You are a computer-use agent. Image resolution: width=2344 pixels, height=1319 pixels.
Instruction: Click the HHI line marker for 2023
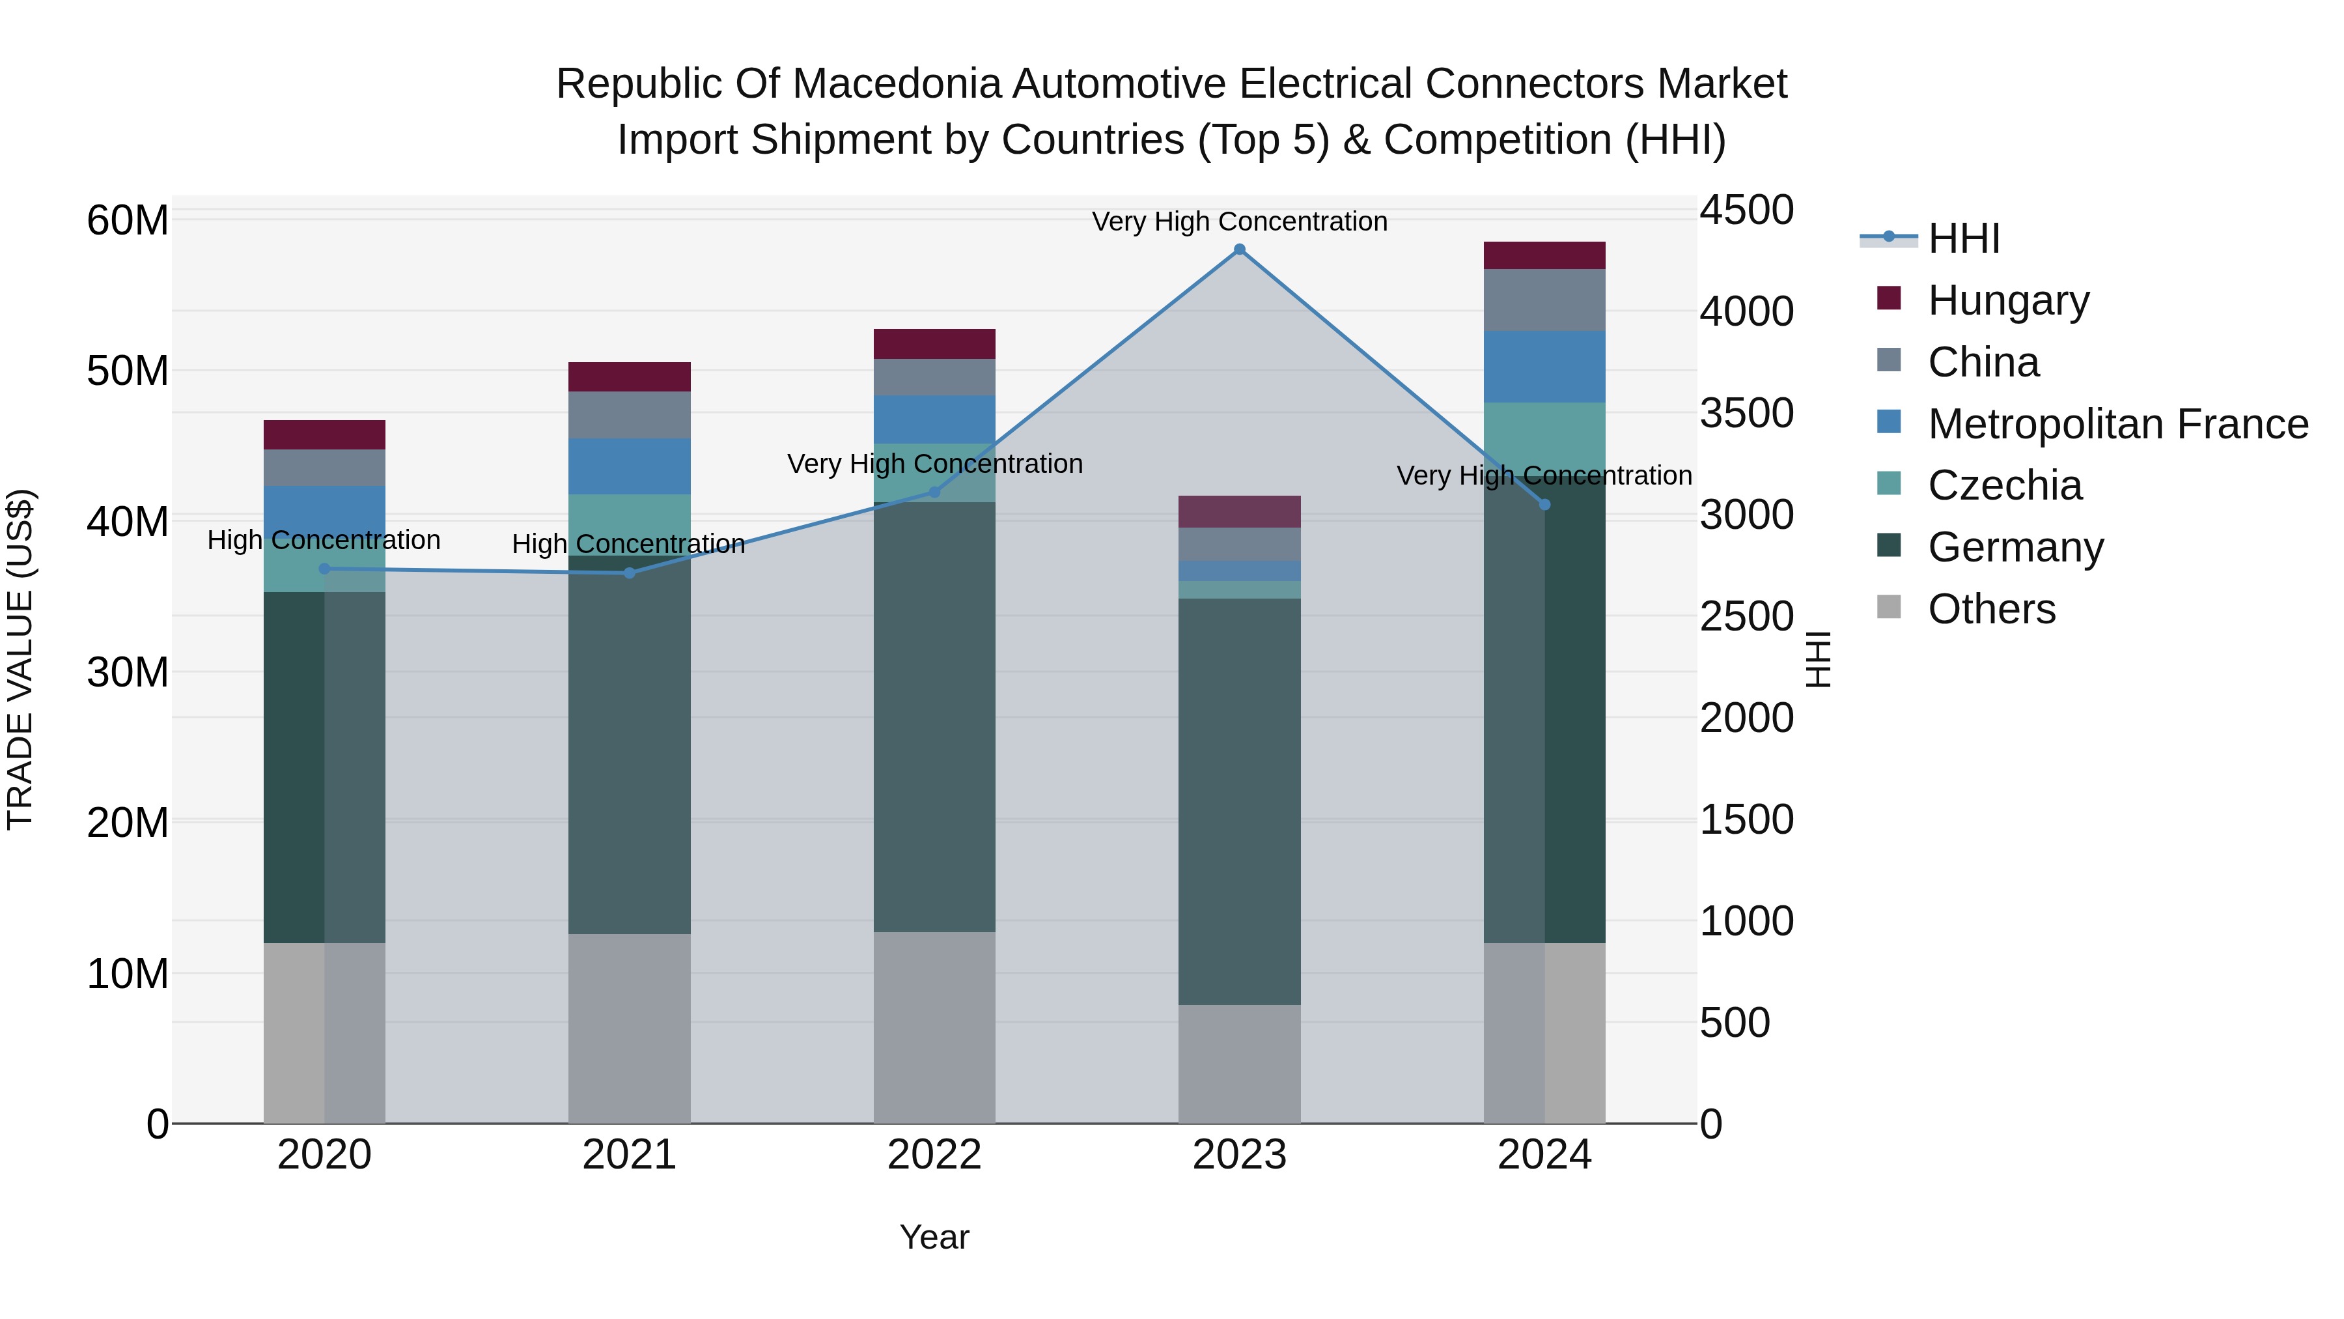coord(1239,249)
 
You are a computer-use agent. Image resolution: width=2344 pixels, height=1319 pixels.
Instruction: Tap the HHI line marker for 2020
coord(325,569)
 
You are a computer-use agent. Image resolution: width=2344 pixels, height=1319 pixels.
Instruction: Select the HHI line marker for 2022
coord(934,492)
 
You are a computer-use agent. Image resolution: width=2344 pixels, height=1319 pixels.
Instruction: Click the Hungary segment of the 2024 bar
coord(1544,256)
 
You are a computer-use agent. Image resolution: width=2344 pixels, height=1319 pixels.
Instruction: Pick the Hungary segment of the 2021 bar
coord(630,377)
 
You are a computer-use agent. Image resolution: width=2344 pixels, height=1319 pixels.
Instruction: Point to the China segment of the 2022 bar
coord(934,377)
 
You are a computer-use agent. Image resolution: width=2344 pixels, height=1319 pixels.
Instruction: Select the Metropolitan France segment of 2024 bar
coord(1544,367)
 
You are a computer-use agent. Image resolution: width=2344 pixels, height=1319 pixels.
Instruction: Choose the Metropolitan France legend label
coord(2118,424)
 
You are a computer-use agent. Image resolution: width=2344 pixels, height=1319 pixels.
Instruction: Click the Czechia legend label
coord(2005,485)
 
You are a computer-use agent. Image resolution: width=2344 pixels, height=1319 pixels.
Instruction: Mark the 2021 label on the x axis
coord(630,1155)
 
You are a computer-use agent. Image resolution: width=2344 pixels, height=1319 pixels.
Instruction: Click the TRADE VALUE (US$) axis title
coord(20,659)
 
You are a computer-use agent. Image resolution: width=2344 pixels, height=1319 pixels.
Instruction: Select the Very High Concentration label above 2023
coord(1239,221)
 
